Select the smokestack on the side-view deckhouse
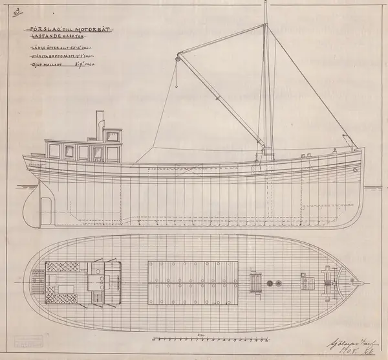(x=100, y=125)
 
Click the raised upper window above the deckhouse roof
(x=112, y=135)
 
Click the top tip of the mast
(x=265, y=3)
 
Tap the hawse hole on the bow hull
(x=355, y=170)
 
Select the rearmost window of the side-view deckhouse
(x=54, y=152)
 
